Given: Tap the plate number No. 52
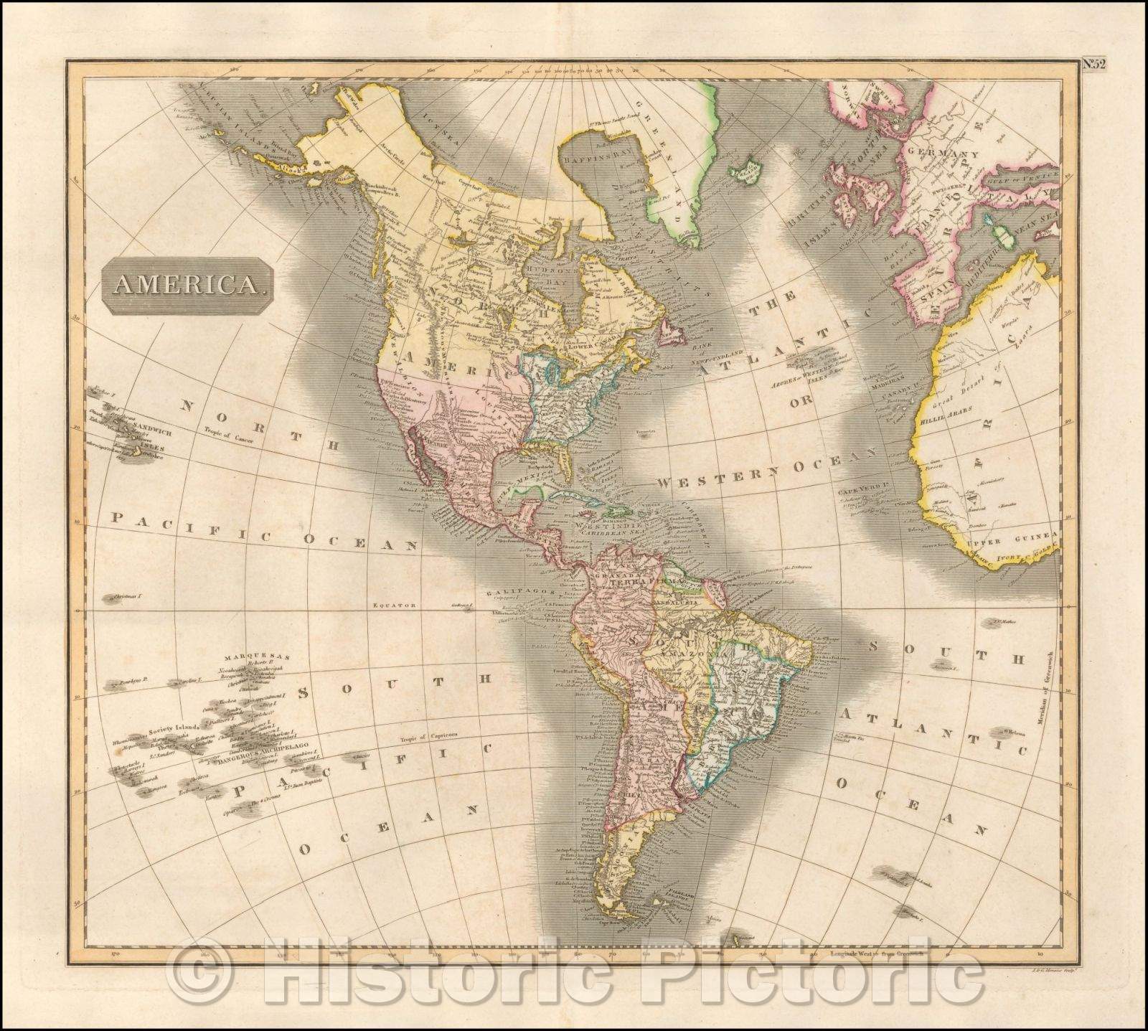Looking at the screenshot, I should pyautogui.click(x=1094, y=64).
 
